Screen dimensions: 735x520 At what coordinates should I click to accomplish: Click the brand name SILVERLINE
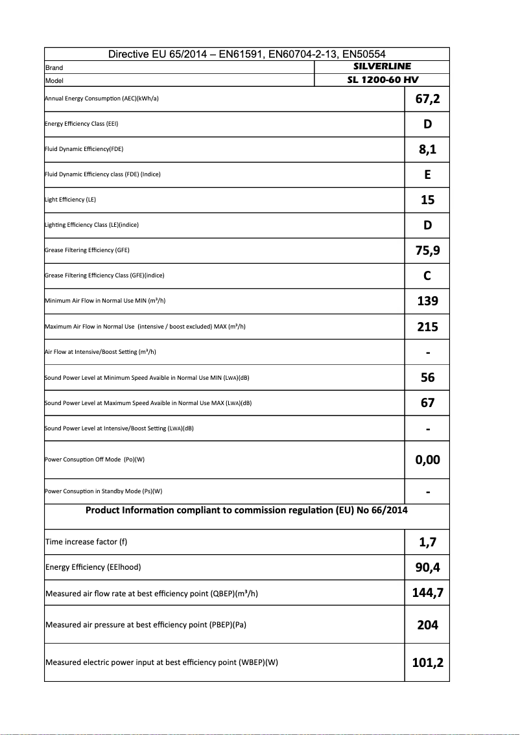click(x=382, y=66)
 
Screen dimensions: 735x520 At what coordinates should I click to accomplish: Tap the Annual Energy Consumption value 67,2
click(x=427, y=99)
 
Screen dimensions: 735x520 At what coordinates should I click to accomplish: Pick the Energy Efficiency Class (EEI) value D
click(x=427, y=124)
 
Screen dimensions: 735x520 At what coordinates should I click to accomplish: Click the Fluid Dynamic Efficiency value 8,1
click(x=427, y=150)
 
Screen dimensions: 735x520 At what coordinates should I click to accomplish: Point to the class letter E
click(x=427, y=175)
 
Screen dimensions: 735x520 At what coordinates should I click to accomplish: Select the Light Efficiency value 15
click(x=427, y=200)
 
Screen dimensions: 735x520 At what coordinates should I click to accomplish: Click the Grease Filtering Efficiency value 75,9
click(x=427, y=251)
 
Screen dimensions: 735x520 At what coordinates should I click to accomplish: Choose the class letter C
click(x=427, y=276)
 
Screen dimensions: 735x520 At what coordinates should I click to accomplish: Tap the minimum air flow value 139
click(x=427, y=301)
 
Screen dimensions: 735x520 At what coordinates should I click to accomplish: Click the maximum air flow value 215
click(x=427, y=327)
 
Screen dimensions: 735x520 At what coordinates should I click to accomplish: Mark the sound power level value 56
click(x=427, y=377)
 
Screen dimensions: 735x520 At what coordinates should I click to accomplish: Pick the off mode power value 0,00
click(x=427, y=460)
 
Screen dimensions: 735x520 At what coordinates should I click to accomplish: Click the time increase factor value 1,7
click(x=427, y=542)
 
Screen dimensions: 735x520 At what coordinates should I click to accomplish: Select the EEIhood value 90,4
click(x=427, y=568)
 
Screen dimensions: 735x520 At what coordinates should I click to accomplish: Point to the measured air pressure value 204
click(x=427, y=625)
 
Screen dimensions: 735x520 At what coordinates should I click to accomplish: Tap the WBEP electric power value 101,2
click(x=427, y=662)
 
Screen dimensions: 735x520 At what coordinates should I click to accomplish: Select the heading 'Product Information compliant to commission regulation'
click(x=220, y=510)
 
